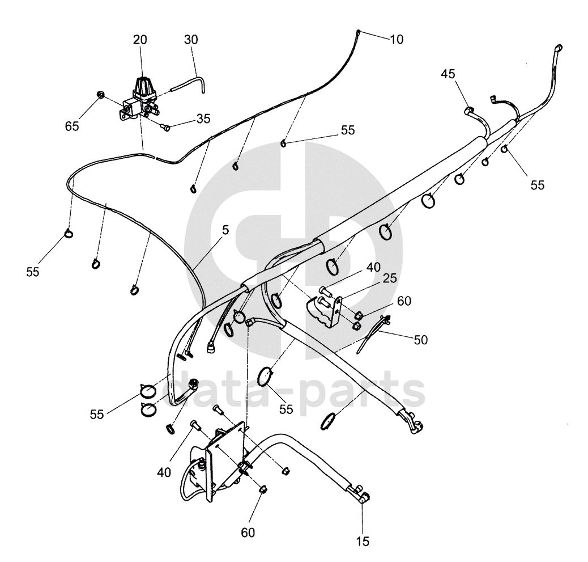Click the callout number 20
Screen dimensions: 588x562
click(x=140, y=40)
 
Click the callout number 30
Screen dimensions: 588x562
click(x=191, y=40)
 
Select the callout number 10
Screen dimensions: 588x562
click(x=397, y=39)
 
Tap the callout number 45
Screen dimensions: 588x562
click(x=448, y=74)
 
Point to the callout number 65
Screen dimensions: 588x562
click(x=72, y=126)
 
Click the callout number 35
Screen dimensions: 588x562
click(x=203, y=119)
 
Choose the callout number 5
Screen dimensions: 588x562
click(x=225, y=230)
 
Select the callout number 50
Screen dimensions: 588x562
click(x=421, y=340)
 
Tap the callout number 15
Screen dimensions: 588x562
click(x=363, y=541)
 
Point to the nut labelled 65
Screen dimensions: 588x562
click(x=100, y=94)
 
